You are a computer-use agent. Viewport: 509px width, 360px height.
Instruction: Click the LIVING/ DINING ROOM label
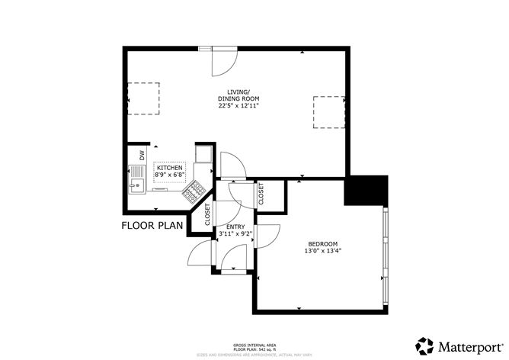click(x=238, y=95)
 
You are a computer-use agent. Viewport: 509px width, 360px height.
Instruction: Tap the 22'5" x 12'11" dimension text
click(x=238, y=106)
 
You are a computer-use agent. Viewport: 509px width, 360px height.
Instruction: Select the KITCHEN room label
click(x=170, y=167)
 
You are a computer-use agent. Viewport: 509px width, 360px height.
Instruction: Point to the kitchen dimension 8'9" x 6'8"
click(x=170, y=175)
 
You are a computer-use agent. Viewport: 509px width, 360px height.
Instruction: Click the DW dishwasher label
click(x=141, y=155)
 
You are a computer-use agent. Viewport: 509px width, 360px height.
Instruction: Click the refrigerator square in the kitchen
click(x=203, y=155)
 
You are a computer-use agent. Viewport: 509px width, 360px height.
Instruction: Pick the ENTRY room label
click(x=235, y=225)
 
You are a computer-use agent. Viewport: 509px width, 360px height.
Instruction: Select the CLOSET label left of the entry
click(x=206, y=214)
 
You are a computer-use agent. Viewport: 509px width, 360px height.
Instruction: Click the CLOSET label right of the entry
click(x=261, y=193)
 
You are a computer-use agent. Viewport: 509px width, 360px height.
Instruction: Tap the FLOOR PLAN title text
click(x=152, y=226)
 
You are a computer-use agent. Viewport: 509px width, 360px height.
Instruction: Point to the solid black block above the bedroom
click(x=367, y=191)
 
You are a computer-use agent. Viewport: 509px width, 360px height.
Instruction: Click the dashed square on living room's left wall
click(x=143, y=98)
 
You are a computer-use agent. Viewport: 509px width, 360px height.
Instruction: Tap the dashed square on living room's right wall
click(x=329, y=112)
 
